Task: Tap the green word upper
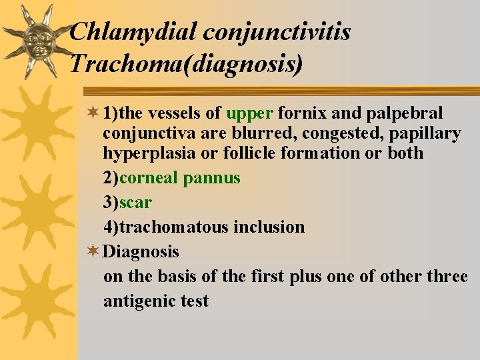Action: [x=249, y=114]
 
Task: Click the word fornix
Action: [x=301, y=114]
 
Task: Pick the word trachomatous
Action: [x=174, y=227]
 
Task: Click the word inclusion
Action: [x=269, y=227]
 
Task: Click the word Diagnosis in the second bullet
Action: [x=141, y=252]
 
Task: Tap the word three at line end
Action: [x=447, y=277]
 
